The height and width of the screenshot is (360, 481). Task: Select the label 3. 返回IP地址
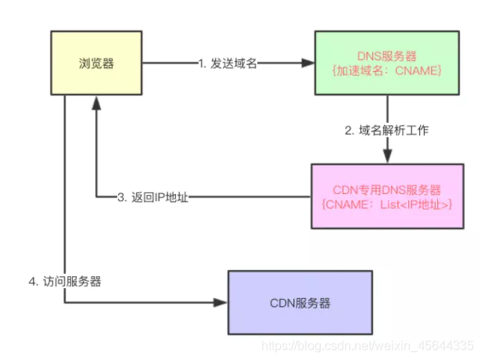[x=153, y=197]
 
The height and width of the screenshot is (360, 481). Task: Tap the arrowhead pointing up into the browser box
[x=96, y=100]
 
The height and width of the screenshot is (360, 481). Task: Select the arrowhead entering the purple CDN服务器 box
[x=222, y=301]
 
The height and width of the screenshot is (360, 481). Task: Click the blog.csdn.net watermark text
[x=368, y=344]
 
